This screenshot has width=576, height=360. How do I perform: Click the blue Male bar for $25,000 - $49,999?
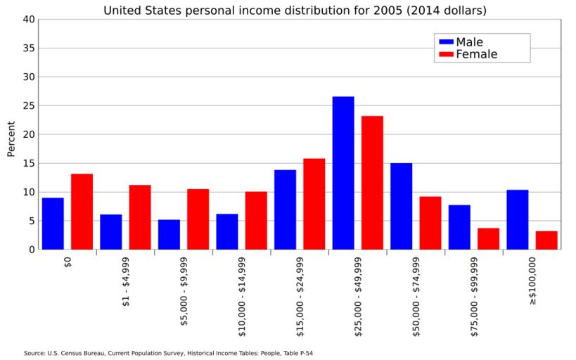pyautogui.click(x=343, y=173)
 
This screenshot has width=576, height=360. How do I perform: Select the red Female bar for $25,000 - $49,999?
pyautogui.click(x=372, y=183)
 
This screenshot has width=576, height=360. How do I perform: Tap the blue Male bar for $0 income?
pyautogui.click(x=53, y=224)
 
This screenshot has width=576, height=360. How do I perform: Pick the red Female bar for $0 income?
pyautogui.click(x=82, y=212)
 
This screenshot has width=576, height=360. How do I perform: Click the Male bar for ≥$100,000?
pyautogui.click(x=517, y=219)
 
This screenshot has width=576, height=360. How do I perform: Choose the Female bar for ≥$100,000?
pyautogui.click(x=546, y=240)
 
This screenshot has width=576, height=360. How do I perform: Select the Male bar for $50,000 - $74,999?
pyautogui.click(x=401, y=206)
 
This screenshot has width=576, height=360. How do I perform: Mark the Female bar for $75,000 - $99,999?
pyautogui.click(x=488, y=239)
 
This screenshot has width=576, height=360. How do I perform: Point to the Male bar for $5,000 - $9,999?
pyautogui.click(x=169, y=235)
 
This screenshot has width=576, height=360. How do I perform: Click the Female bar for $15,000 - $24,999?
pyautogui.click(x=314, y=204)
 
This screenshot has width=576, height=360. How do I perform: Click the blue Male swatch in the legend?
pyautogui.click(x=446, y=42)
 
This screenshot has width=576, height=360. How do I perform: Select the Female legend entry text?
pyautogui.click(x=476, y=55)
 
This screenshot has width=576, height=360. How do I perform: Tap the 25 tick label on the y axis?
pyautogui.click(x=28, y=106)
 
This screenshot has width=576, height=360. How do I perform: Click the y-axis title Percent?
pyautogui.click(x=11, y=139)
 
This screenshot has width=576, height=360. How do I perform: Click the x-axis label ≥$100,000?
pyautogui.click(x=532, y=280)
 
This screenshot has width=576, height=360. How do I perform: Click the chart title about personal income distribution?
pyautogui.click(x=295, y=11)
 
